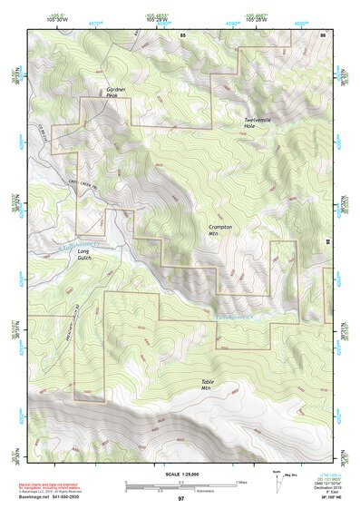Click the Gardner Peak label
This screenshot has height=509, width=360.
click(x=115, y=93)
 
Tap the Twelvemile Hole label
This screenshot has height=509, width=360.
click(x=256, y=123)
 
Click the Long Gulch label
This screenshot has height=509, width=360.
click(x=84, y=254)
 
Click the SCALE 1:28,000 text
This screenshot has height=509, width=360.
click(x=180, y=474)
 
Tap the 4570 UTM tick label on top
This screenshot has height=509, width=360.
click(x=95, y=22)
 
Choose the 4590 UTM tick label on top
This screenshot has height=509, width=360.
click(x=233, y=22)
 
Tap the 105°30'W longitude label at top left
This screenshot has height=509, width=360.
click(x=58, y=18)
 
